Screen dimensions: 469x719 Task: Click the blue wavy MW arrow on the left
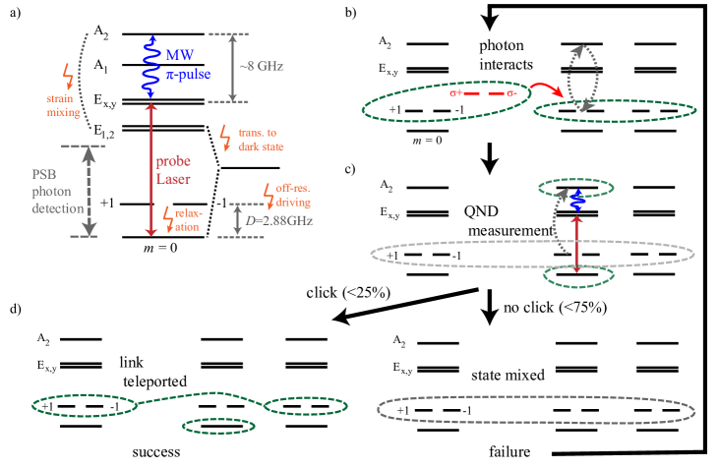coord(151,67)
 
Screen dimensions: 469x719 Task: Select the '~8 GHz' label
coord(263,66)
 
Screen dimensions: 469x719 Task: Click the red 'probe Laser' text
coord(174,170)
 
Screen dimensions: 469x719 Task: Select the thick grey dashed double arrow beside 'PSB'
coord(90,191)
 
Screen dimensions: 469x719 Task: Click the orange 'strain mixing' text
coord(62,105)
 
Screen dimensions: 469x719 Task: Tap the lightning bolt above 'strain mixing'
coord(67,76)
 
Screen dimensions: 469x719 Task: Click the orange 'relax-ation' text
coord(186,220)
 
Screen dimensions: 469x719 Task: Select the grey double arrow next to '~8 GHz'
coord(233,67)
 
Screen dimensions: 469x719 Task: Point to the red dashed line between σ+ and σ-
coord(484,94)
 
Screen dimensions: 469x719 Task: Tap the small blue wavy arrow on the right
coord(578,200)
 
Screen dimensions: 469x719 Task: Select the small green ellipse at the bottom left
coord(218,426)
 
